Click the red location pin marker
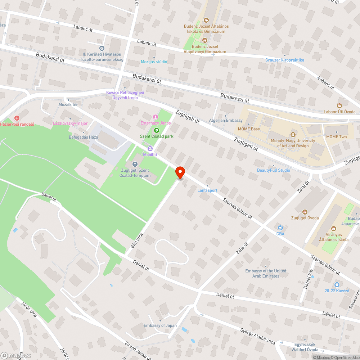click(x=180, y=172)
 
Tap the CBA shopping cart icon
click(x=280, y=228)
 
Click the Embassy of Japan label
click(x=160, y=325)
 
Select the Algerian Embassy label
click(x=226, y=120)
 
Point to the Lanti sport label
click(x=207, y=190)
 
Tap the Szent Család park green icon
click(x=156, y=131)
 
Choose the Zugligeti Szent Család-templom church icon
click(x=135, y=165)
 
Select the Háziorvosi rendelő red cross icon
click(x=17, y=118)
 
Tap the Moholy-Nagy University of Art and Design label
click(x=293, y=143)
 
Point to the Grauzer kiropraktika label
click(x=284, y=60)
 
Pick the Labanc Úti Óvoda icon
click(x=339, y=105)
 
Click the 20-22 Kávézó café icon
click(x=337, y=284)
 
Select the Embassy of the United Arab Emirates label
click(x=266, y=273)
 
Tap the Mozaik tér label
click(x=68, y=105)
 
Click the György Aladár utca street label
click(x=258, y=336)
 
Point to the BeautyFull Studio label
click(x=273, y=170)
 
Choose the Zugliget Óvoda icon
click(x=305, y=212)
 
